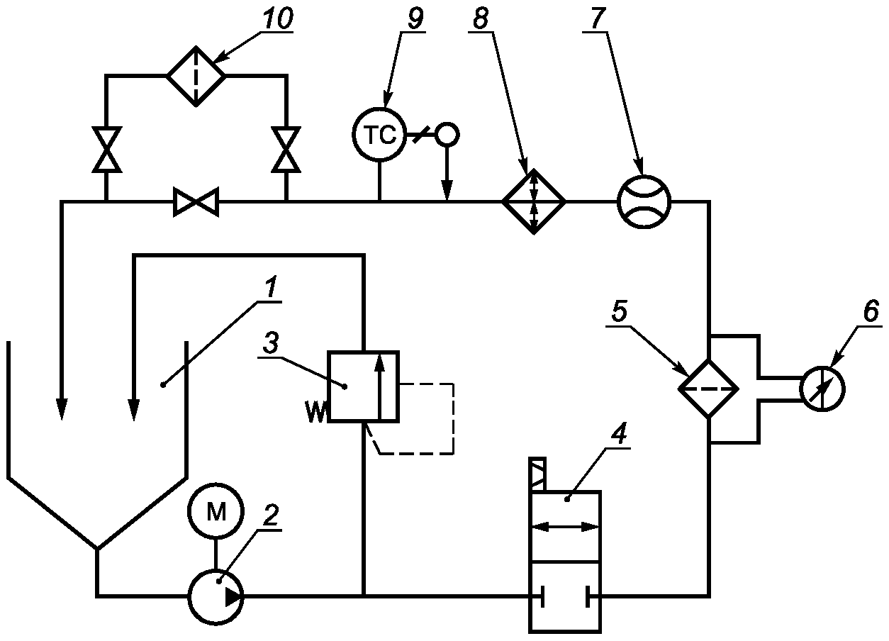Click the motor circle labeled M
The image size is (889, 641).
click(x=216, y=511)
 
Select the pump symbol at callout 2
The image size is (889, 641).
click(x=216, y=596)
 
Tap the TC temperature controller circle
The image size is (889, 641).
click(x=379, y=135)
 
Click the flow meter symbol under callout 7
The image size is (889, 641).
click(x=644, y=202)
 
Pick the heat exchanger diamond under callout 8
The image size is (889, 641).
click(x=534, y=201)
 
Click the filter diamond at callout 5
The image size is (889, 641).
click(x=708, y=389)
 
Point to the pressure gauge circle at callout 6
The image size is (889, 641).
click(x=822, y=389)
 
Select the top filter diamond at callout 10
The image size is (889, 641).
click(x=196, y=76)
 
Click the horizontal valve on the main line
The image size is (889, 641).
click(x=196, y=202)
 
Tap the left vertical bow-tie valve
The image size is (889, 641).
click(x=106, y=150)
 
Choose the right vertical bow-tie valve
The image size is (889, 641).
click(x=286, y=150)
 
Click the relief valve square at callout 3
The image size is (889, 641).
click(x=363, y=386)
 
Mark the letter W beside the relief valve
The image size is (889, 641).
click(x=316, y=411)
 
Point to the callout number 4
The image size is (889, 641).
click(x=619, y=433)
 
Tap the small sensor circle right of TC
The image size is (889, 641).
click(x=447, y=135)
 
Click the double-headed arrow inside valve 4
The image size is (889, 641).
click(x=565, y=527)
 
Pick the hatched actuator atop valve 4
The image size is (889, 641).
click(x=537, y=474)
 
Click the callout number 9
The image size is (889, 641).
click(x=415, y=18)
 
